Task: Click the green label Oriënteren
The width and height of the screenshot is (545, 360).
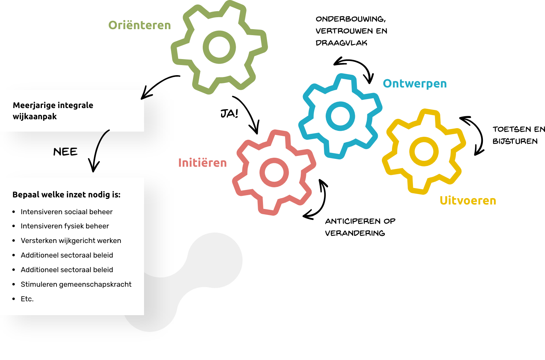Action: [140, 25]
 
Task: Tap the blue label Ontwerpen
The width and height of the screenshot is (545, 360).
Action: [415, 83]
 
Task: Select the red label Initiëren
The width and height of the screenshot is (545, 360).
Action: [202, 163]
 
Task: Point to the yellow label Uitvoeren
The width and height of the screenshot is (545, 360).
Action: [468, 200]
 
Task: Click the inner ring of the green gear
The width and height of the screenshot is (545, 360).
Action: [219, 37]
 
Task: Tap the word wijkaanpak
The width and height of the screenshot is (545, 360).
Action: [35, 117]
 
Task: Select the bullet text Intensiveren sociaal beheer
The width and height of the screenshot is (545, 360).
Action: [67, 212]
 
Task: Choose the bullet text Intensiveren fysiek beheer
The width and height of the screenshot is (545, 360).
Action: [65, 226]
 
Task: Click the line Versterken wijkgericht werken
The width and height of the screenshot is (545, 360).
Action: [71, 241]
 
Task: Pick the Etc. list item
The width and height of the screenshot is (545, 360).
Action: [27, 299]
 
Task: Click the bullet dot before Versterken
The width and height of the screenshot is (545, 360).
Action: [14, 241]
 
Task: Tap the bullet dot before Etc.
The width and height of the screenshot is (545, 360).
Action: [14, 299]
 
